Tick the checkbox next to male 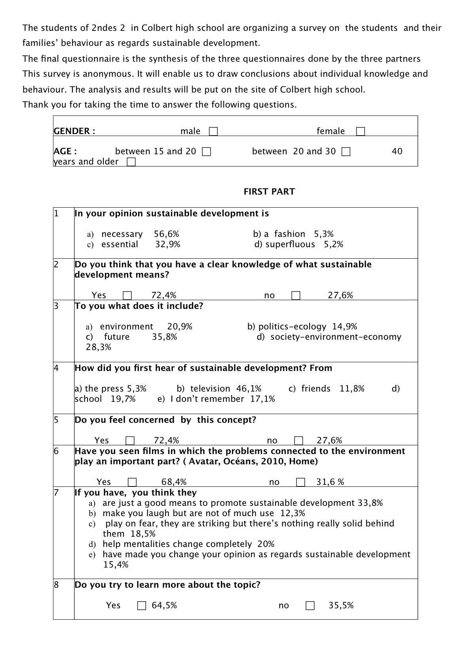coord(213,131)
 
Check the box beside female coord(360,131)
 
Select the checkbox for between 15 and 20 coord(206,151)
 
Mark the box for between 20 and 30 coord(346,151)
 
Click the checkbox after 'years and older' coord(131,162)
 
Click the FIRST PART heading coord(269,192)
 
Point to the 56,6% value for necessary coord(166,234)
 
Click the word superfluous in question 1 coord(290,244)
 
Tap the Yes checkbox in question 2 coord(127,295)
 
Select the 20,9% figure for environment coord(180,327)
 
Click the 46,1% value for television coord(249,389)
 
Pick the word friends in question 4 coord(316,389)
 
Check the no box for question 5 coord(299,441)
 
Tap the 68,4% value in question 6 coord(174,482)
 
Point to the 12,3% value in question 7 coord(292,513)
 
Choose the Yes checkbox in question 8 coord(142,605)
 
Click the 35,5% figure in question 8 coord(341,605)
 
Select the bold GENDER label coord(74,131)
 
